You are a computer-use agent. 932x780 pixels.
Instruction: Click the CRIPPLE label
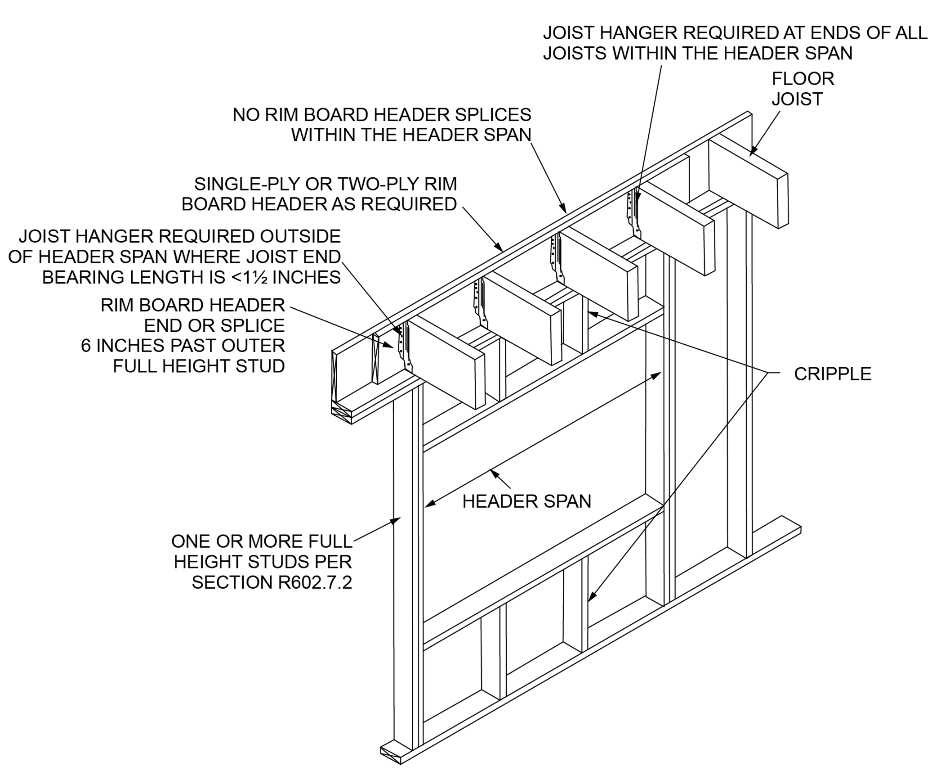tap(832, 374)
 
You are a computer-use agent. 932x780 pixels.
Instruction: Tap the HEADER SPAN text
tap(526, 501)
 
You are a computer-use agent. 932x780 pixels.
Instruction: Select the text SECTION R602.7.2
tap(272, 582)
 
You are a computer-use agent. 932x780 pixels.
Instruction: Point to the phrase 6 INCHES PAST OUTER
tap(183, 346)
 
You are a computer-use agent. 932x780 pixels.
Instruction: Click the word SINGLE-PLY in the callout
tap(247, 184)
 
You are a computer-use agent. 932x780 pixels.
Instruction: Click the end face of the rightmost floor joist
tap(783, 201)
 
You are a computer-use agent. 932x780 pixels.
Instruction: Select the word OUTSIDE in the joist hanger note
tap(299, 236)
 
